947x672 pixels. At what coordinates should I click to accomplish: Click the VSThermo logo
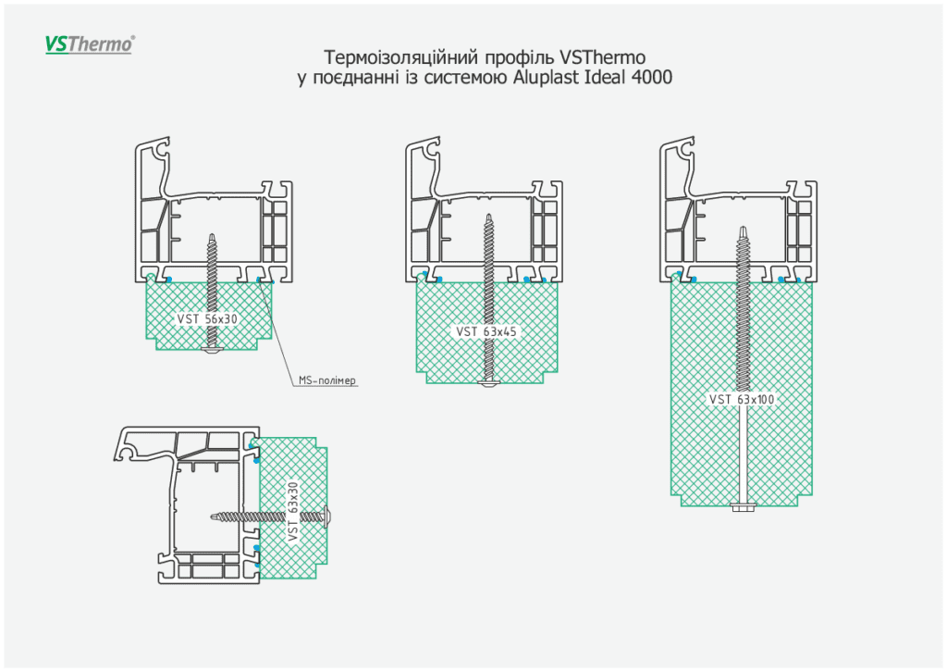point(90,44)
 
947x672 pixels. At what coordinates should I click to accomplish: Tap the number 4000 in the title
point(651,78)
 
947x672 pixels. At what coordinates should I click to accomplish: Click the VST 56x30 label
point(208,318)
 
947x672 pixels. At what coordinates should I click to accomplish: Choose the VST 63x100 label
point(742,399)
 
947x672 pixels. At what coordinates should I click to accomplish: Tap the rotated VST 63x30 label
point(293,512)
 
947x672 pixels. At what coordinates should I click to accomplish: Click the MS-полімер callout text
point(327,380)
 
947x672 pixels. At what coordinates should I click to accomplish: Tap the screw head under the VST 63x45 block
point(489,383)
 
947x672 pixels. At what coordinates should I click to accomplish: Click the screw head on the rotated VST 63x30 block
point(328,515)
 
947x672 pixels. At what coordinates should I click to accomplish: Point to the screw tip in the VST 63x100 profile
point(742,228)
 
